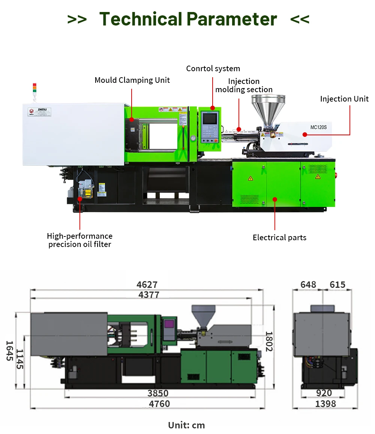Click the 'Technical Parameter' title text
[x=188, y=19]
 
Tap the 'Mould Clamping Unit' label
[x=132, y=80]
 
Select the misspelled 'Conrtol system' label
[x=213, y=69]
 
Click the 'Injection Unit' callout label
[x=344, y=99]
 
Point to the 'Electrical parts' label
[x=279, y=238]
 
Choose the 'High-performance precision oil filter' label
[x=80, y=240]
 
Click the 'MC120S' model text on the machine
[x=318, y=127]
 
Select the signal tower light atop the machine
[x=34, y=88]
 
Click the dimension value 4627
[x=147, y=285]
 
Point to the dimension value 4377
[x=149, y=295]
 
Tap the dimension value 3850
[x=158, y=394]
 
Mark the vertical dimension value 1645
[x=9, y=351]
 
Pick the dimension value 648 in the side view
[x=308, y=285]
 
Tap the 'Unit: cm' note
[x=186, y=425]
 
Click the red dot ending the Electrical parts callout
[x=275, y=199]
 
